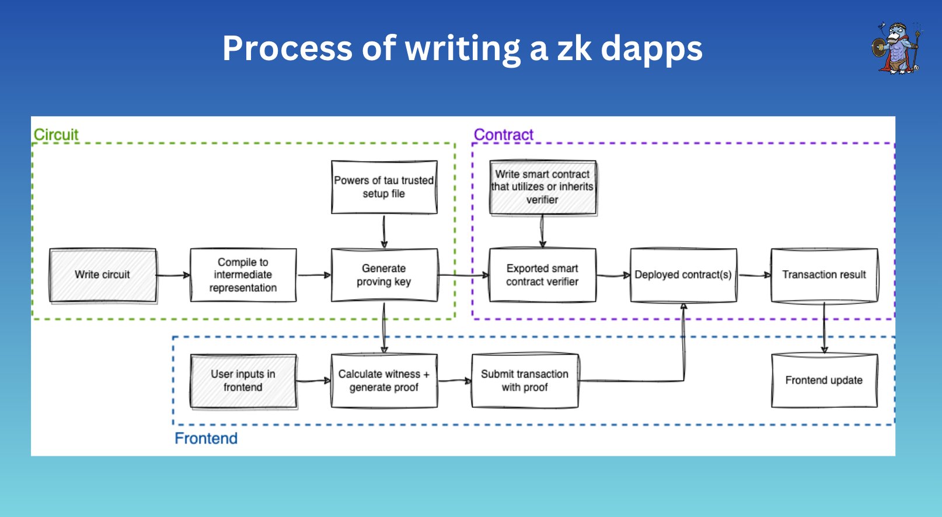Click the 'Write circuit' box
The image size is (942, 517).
103,275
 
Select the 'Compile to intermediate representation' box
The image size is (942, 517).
243,275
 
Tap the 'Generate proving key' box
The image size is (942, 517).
385,275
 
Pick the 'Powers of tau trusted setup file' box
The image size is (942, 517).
385,187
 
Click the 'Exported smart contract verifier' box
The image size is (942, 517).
542,275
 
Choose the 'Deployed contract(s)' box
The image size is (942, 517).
683,275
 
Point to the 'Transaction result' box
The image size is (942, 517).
824,275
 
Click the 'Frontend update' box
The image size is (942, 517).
824,380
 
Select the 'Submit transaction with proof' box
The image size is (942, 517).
525,380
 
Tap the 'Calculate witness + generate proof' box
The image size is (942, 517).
385,380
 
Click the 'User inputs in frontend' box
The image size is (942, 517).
243,381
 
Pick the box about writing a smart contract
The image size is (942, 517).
543,187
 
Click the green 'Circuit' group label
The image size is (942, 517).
56,135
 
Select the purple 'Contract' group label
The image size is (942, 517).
503,135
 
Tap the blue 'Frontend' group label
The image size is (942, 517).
206,438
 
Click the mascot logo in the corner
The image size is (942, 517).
898,48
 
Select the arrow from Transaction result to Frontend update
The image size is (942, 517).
824,328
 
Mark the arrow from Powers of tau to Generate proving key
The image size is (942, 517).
384,231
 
